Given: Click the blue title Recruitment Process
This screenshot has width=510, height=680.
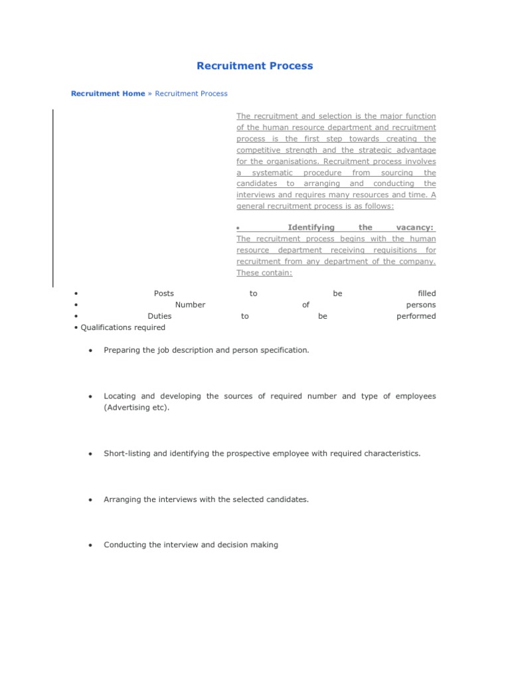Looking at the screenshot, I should [x=254, y=66].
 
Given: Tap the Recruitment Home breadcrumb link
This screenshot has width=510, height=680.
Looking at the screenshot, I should [x=108, y=94].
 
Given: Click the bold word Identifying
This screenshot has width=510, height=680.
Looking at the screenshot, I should [x=311, y=227].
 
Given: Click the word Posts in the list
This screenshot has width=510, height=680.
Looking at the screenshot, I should [x=164, y=294].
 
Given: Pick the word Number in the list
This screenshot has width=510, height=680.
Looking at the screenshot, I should [x=190, y=305].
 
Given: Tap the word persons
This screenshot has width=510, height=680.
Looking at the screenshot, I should [x=421, y=305].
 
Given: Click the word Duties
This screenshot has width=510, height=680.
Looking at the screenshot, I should [x=159, y=316].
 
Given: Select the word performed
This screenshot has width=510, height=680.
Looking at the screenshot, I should [x=416, y=316].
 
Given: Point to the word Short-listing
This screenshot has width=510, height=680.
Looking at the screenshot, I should [x=127, y=454].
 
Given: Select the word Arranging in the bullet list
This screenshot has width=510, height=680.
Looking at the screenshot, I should [x=122, y=499].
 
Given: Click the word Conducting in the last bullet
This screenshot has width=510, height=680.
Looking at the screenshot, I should [x=126, y=545].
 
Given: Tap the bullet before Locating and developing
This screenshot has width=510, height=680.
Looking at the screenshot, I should [x=89, y=396].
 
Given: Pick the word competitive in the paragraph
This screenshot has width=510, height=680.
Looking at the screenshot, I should [x=258, y=150].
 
